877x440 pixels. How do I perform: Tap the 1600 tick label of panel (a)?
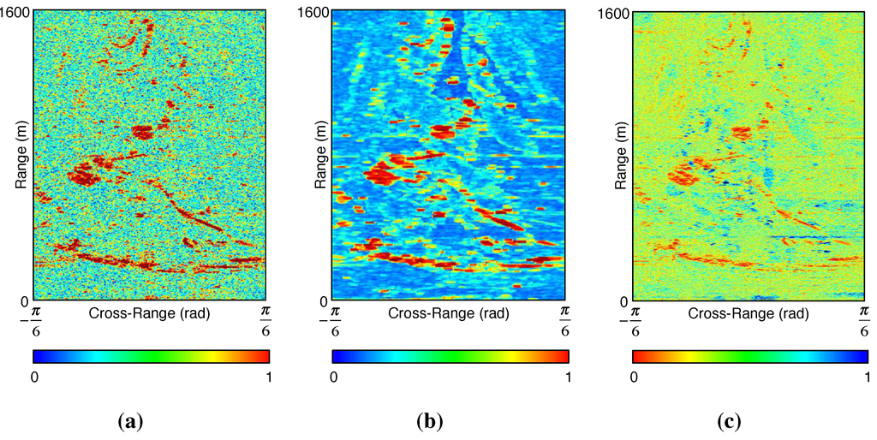[16, 12]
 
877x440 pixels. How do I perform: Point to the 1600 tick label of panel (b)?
[315, 12]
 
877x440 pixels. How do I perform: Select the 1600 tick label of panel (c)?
[616, 12]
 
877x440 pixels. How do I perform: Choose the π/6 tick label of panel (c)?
[863, 319]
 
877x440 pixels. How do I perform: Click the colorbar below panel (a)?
[151, 356]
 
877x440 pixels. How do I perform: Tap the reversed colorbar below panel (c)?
[750, 356]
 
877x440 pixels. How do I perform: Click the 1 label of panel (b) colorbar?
[568, 377]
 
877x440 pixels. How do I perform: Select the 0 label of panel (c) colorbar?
[634, 377]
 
